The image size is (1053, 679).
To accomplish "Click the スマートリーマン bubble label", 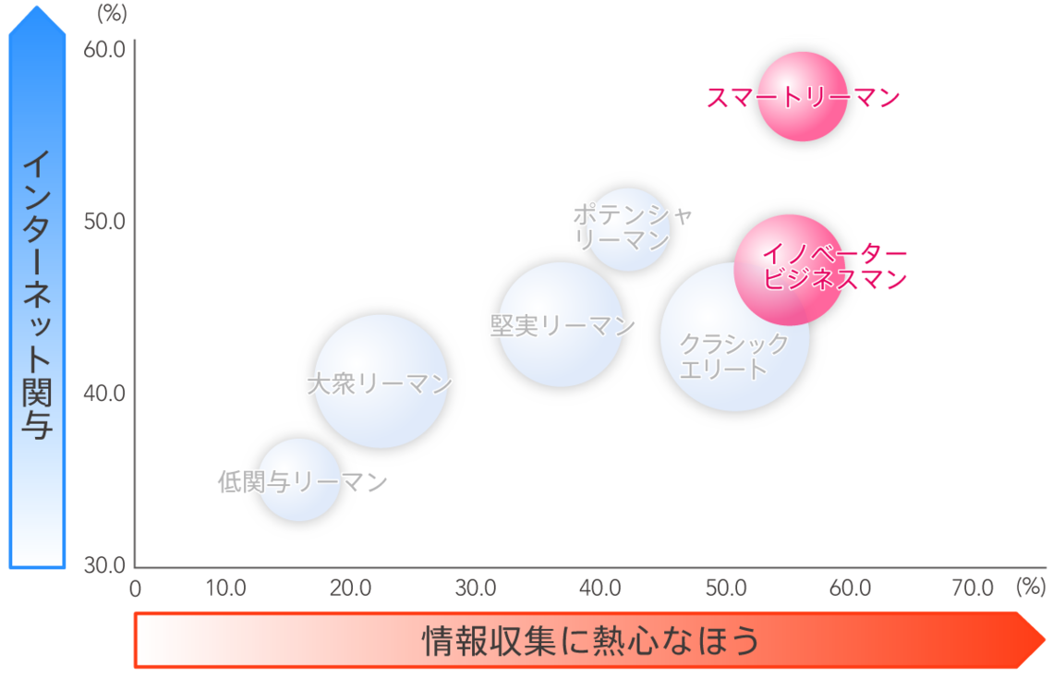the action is (x=804, y=98).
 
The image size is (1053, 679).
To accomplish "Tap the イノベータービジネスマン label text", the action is (x=835, y=267).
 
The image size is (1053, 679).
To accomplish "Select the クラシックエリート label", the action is (x=734, y=357).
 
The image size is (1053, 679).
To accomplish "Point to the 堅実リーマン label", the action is (x=563, y=326).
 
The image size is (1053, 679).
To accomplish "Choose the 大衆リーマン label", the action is (x=381, y=384).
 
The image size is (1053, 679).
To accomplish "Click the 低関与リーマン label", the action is (x=303, y=481).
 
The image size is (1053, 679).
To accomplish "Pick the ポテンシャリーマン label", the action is (x=632, y=227).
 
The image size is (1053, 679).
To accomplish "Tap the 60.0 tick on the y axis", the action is (x=104, y=49).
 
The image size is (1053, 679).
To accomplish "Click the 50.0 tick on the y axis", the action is (x=104, y=221).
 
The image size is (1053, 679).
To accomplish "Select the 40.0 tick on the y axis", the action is (x=104, y=393).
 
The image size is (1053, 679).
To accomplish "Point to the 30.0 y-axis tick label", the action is (x=104, y=564).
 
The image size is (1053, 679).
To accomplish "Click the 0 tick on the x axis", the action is (x=135, y=588).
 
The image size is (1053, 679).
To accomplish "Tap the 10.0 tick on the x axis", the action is (x=225, y=588).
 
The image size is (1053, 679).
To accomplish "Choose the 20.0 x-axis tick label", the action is (x=351, y=588).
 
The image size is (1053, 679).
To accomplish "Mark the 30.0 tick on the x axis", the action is (x=476, y=588).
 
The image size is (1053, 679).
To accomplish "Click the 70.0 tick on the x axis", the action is (x=973, y=588).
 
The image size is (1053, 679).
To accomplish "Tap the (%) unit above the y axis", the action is (x=112, y=13).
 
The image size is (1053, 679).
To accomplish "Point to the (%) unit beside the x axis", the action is (x=1031, y=587).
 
